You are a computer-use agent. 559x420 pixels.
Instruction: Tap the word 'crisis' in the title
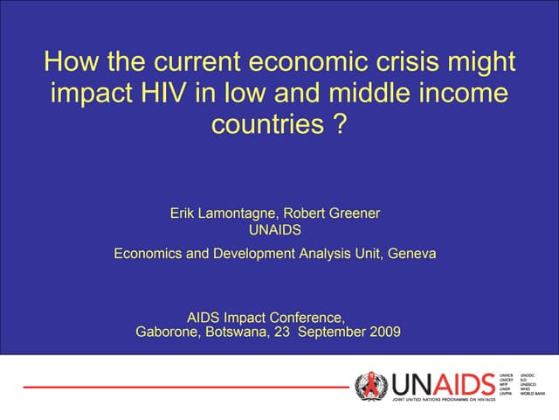414,63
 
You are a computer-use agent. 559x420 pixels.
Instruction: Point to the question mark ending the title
341,124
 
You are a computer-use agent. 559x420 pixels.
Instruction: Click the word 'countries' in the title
267,124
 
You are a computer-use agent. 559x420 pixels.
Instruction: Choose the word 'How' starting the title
67,63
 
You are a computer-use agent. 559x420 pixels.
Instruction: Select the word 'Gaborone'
169,332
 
